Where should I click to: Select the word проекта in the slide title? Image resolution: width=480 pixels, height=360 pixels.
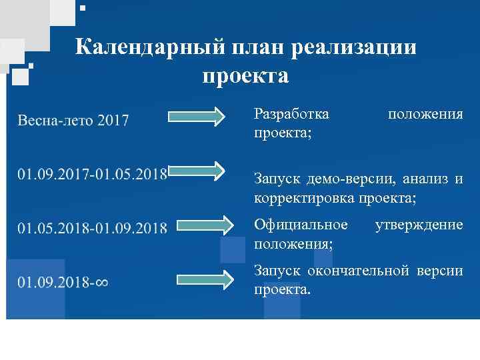pyautogui.click(x=246, y=76)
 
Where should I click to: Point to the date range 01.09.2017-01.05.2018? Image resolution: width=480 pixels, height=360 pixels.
pyautogui.click(x=92, y=174)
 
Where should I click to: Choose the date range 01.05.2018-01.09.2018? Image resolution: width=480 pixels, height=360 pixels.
pyautogui.click(x=92, y=228)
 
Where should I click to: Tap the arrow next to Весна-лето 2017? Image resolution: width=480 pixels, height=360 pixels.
pyautogui.click(x=197, y=117)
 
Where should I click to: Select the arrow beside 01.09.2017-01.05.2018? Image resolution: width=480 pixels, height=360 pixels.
pyautogui.click(x=197, y=171)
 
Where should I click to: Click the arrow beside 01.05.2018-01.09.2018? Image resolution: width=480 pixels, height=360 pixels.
pyautogui.click(x=197, y=225)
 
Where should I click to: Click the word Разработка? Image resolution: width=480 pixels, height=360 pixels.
pyautogui.click(x=291, y=114)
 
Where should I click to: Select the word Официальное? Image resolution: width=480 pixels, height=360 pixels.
pyautogui.click(x=301, y=225)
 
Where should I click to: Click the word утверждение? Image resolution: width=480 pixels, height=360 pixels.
pyautogui.click(x=419, y=225)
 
